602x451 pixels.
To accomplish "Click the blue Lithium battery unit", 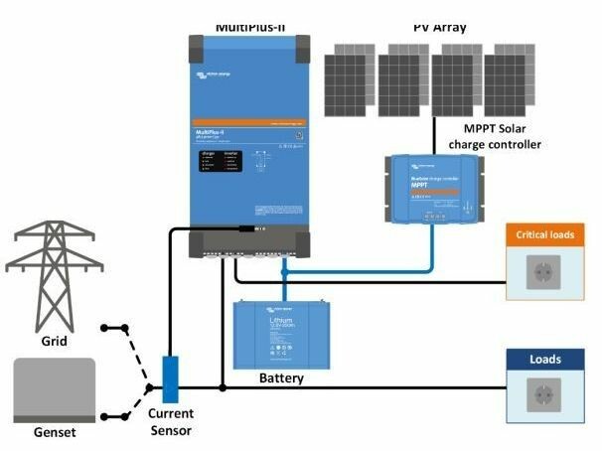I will click(x=282, y=333).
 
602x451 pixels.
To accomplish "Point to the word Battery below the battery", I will click(x=281, y=378).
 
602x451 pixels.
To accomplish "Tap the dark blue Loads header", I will click(x=544, y=360).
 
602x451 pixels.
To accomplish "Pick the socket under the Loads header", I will click(x=544, y=395).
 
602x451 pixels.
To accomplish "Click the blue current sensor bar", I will click(x=170, y=378).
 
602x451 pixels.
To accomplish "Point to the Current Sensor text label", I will click(x=170, y=421).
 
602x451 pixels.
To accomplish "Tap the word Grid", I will click(x=53, y=341).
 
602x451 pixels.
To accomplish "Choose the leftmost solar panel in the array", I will click(x=351, y=75).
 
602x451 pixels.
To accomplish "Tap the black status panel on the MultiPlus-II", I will click(x=217, y=162).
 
